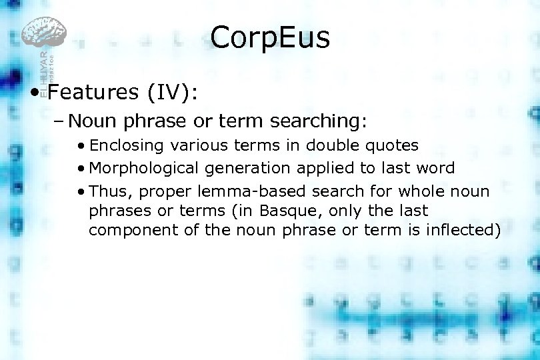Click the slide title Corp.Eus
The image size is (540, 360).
tap(270, 38)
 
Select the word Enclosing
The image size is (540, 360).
tap(127, 145)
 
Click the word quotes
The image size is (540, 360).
tap(395, 145)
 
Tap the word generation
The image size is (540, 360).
tap(247, 168)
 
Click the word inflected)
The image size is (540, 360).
tap(464, 230)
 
